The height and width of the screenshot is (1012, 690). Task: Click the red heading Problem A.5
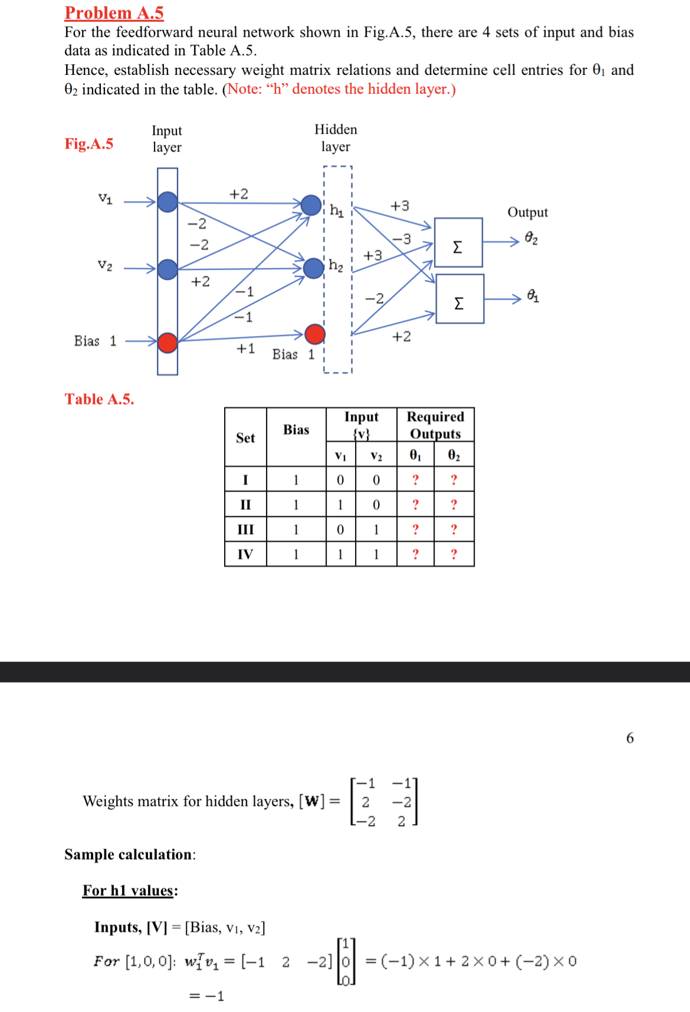[114, 12]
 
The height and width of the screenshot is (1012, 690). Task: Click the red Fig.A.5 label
[88, 144]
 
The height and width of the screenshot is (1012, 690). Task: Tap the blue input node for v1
[167, 202]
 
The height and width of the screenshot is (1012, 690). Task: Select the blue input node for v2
[167, 269]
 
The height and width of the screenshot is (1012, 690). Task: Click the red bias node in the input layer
[167, 342]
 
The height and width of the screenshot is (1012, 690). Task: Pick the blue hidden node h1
[311, 205]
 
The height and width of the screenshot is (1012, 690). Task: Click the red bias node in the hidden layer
[315, 334]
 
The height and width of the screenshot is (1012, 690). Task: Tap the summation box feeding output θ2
[458, 242]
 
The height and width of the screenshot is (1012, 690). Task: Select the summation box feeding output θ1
[459, 299]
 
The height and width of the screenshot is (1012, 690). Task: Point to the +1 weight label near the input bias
[245, 349]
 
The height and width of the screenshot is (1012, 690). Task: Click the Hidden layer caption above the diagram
[336, 138]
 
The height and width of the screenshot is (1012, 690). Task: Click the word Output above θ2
[527, 212]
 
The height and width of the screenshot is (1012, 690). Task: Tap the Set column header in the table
[245, 438]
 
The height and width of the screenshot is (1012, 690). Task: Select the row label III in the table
[245, 529]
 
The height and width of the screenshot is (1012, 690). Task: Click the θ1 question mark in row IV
[415, 554]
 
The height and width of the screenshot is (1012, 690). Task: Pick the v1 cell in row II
[340, 505]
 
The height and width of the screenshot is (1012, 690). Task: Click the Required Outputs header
[435, 425]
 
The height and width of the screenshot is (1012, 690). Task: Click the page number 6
[629, 738]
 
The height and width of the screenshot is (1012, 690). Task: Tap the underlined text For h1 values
[130, 890]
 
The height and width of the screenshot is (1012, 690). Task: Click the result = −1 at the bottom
[206, 996]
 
